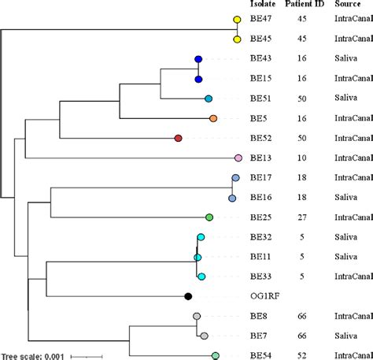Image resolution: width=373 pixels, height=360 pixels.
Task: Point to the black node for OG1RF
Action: (x=188, y=296)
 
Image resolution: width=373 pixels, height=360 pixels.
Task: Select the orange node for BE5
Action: (x=213, y=118)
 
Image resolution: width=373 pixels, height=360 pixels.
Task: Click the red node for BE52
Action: (x=178, y=138)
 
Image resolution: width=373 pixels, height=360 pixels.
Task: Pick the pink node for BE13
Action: (x=238, y=158)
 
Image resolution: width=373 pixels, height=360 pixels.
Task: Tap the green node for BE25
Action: (x=209, y=217)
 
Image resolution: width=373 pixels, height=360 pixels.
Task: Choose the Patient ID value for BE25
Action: (x=301, y=217)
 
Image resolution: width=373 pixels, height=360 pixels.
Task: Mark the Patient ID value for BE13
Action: (x=301, y=158)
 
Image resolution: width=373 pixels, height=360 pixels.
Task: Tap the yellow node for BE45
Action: (x=237, y=39)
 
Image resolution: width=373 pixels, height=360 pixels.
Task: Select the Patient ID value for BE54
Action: (x=301, y=356)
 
